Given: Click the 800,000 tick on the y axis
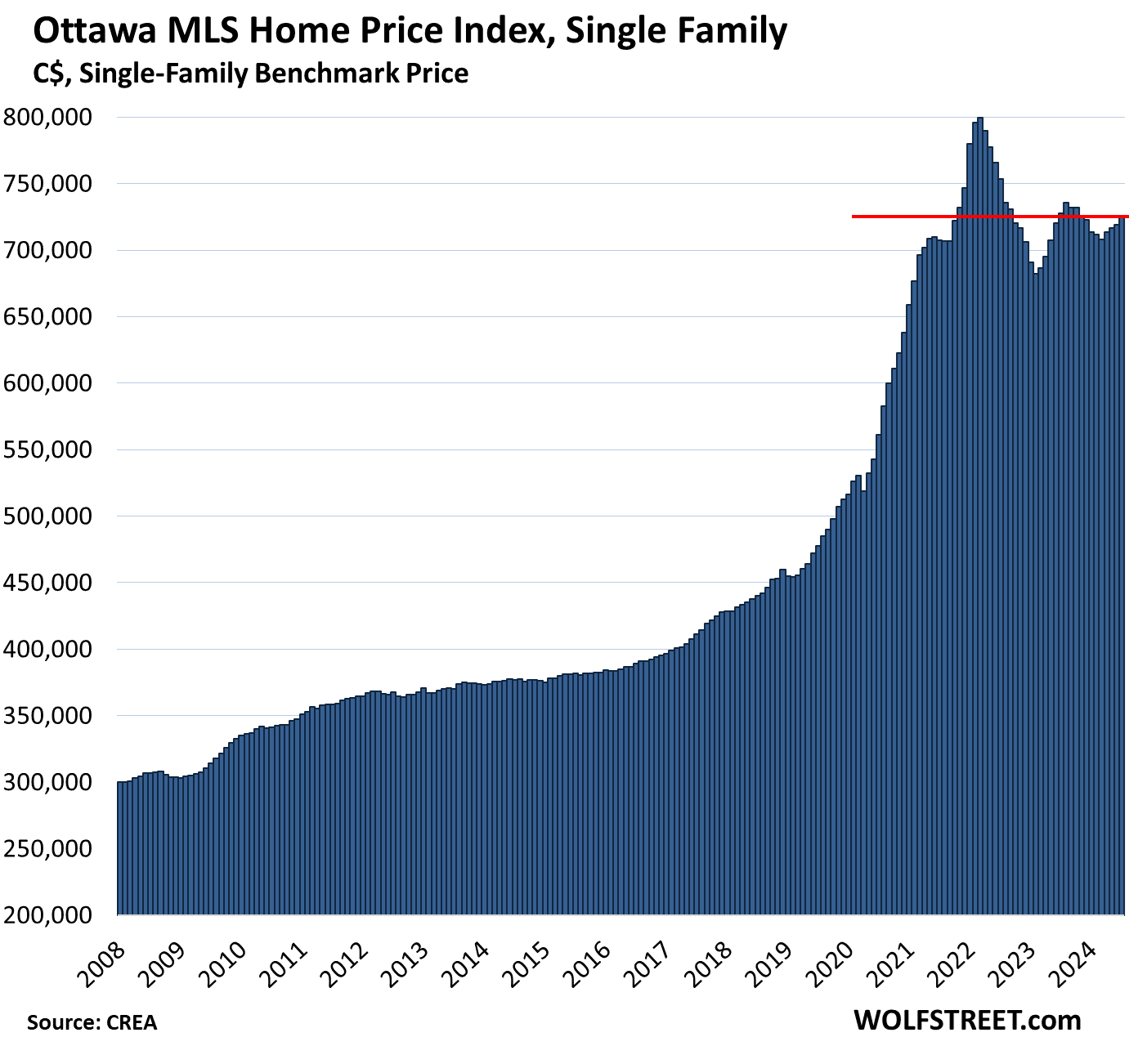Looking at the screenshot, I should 56,118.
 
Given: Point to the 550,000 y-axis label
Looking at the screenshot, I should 56,450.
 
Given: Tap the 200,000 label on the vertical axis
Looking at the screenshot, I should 56,915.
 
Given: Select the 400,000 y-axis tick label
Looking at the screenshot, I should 56,650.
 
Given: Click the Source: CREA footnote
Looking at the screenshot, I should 92,1022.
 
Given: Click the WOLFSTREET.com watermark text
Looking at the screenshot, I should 967,1020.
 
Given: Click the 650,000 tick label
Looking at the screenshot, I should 56,317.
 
